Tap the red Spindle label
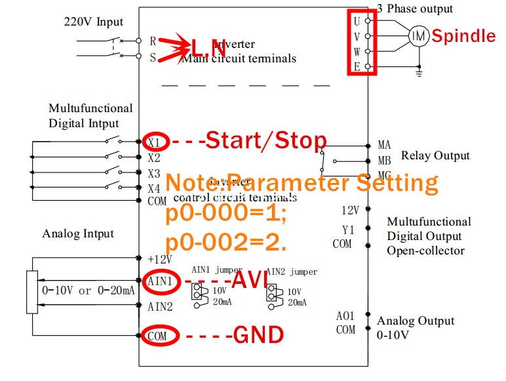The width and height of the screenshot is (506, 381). pyautogui.click(x=463, y=35)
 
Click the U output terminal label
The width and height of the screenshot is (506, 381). pyautogui.click(x=357, y=20)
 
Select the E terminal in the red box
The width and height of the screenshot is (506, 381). pyautogui.click(x=357, y=66)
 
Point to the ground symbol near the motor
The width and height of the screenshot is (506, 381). pyautogui.click(x=418, y=73)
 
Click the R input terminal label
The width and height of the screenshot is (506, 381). pyautogui.click(x=153, y=41)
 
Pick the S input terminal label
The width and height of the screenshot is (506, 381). pyautogui.click(x=153, y=57)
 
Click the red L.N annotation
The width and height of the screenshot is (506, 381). pyautogui.click(x=208, y=47)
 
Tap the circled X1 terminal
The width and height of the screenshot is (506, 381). pyautogui.click(x=155, y=140)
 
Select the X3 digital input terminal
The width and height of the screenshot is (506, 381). pyautogui.click(x=154, y=174)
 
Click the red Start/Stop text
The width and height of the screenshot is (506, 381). pyautogui.click(x=266, y=140)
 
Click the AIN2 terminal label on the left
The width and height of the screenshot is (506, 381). pyautogui.click(x=160, y=306)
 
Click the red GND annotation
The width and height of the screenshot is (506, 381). pyautogui.click(x=258, y=335)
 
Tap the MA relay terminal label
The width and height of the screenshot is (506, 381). pyautogui.click(x=384, y=145)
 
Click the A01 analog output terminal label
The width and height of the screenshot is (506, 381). pyautogui.click(x=345, y=316)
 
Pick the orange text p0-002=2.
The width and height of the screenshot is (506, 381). pyautogui.click(x=225, y=243)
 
